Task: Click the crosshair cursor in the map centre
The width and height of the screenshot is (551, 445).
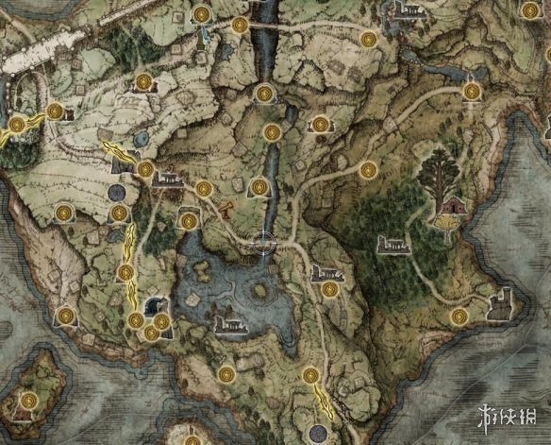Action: (264, 242)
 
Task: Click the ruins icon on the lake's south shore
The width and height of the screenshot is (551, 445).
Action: (228, 326)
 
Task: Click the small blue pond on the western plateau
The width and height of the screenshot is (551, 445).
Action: (141, 139)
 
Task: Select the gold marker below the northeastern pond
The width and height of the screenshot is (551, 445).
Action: (471, 89)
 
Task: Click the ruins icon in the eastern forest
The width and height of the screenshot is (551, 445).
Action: (392, 246)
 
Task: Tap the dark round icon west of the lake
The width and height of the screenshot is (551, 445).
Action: (117, 193)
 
